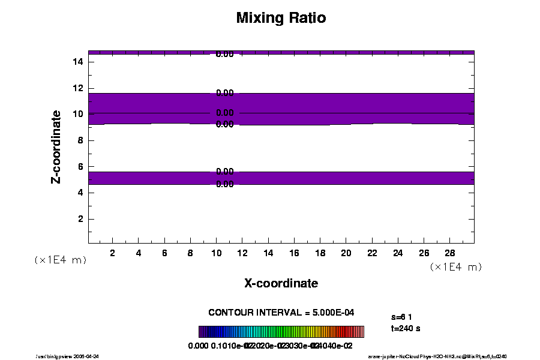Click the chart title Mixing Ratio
[x=281, y=18]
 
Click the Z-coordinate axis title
[x=56, y=146]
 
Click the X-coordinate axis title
[x=281, y=283]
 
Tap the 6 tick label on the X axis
[x=164, y=253]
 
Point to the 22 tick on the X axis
[x=371, y=253]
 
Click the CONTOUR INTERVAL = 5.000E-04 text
[x=285, y=313]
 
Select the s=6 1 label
[x=401, y=316]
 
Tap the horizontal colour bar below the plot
[x=281, y=332]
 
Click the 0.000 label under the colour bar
[x=198, y=346]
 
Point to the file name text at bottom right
[x=442, y=356]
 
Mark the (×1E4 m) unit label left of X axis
[x=60, y=260]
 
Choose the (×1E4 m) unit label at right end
[x=456, y=266]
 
